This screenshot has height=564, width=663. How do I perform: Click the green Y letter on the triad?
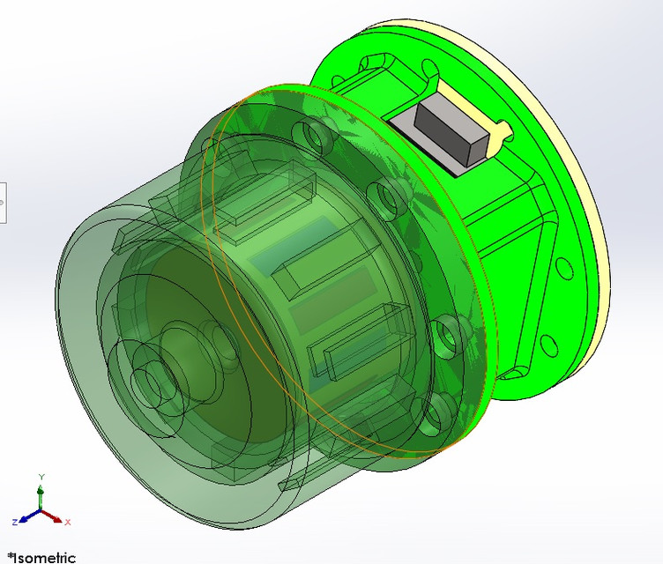41,477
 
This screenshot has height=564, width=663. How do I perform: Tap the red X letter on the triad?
67,523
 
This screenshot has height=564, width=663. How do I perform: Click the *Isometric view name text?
41,557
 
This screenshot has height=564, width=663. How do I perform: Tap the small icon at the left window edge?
2,202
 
